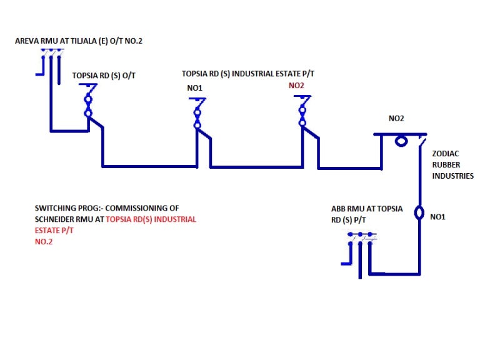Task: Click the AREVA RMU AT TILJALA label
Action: (83, 41)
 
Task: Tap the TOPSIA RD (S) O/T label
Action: (104, 75)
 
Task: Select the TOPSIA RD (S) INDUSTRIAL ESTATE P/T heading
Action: (248, 74)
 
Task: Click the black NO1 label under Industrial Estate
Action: (195, 88)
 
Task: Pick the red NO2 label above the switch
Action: (297, 86)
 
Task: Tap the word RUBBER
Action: (446, 165)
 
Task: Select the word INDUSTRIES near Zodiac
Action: (453, 176)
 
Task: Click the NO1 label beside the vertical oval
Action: (437, 216)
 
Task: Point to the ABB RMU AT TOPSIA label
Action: (367, 209)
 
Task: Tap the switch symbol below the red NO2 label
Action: (302, 112)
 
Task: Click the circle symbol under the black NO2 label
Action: (401, 141)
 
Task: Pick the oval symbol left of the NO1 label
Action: (419, 212)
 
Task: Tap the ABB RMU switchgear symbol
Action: (360, 253)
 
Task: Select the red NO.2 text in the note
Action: (44, 242)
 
